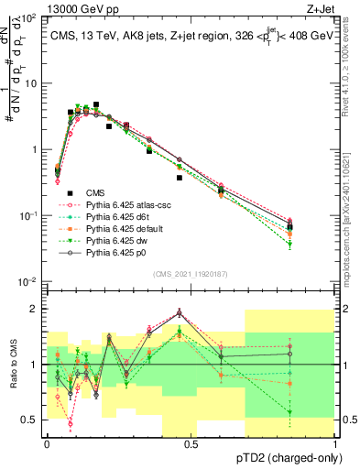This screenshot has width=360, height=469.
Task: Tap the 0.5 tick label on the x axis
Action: (x=191, y=443)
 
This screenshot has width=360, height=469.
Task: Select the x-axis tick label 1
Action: (x=336, y=443)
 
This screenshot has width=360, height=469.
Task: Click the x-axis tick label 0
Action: (x=47, y=443)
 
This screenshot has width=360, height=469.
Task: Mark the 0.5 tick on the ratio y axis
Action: (x=30, y=420)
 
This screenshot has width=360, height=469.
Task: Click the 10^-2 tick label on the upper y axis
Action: (x=27, y=281)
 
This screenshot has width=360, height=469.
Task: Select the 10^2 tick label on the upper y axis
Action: (x=27, y=18)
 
